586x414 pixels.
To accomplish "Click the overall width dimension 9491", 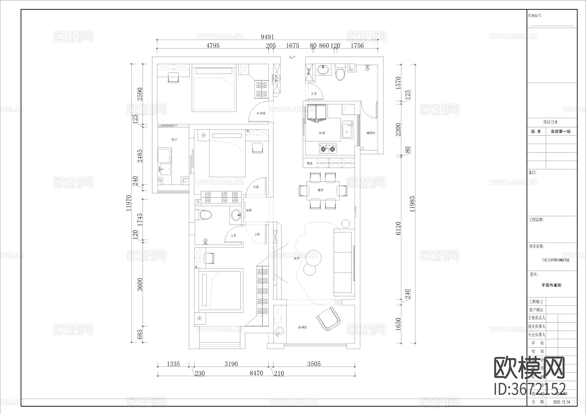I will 267,37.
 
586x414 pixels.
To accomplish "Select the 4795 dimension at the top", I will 213,46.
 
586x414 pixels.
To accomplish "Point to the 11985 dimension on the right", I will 412,204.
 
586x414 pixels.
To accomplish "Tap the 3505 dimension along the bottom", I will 314,364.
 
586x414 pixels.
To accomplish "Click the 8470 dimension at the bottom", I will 256,373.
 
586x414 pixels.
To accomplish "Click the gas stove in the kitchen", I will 327,149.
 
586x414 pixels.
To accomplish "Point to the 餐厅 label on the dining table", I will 321,190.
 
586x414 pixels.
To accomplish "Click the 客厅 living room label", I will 296,258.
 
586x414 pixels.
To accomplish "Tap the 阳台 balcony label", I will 174,140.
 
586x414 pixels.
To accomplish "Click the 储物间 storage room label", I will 371,133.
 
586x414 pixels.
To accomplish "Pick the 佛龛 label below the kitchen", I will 309,163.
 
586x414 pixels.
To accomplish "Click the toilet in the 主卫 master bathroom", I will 204,215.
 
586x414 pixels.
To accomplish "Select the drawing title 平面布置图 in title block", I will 551,285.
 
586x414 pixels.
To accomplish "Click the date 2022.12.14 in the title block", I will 562,402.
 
